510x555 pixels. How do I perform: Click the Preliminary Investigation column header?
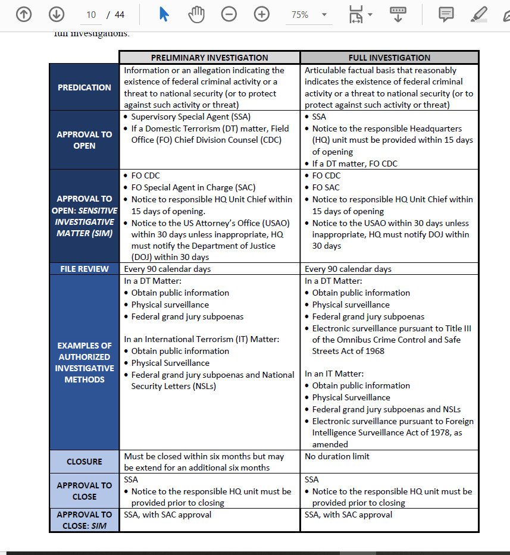pyautogui.click(x=209, y=58)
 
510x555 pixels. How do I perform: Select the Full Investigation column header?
pyautogui.click(x=389, y=58)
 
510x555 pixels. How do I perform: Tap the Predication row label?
pyautogui.click(x=85, y=87)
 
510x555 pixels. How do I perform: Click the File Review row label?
pyautogui.click(x=85, y=269)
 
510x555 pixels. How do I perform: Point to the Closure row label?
pyautogui.click(x=85, y=462)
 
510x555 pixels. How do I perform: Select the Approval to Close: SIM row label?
pyautogui.click(x=85, y=520)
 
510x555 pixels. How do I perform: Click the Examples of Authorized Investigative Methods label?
pyautogui.click(x=85, y=362)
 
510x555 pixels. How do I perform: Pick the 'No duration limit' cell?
pyautogui.click(x=337, y=456)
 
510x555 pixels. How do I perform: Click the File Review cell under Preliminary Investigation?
pyautogui.click(x=167, y=269)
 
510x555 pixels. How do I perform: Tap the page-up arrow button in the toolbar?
pyautogui.click(x=24, y=14)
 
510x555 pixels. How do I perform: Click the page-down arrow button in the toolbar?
pyautogui.click(x=57, y=14)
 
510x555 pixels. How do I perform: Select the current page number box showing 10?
pyautogui.click(x=91, y=15)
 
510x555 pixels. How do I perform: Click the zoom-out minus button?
pyautogui.click(x=229, y=14)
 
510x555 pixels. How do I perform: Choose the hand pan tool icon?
pyautogui.click(x=196, y=14)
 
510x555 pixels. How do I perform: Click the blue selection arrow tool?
pyautogui.click(x=164, y=14)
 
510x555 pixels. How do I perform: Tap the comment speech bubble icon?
pyautogui.click(x=446, y=14)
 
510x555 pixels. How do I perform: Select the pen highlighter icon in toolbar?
pyautogui.click(x=478, y=14)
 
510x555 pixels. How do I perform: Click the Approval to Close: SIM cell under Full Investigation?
pyautogui.click(x=348, y=515)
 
